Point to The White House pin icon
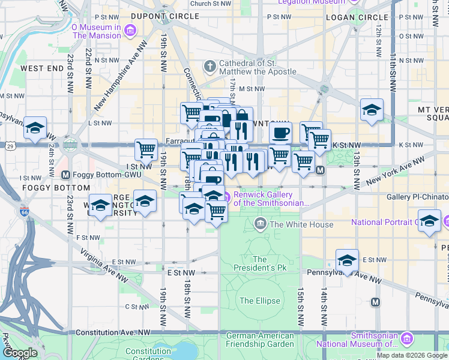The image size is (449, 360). tap(261, 224)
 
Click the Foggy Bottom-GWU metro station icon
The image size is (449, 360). tap(65, 175)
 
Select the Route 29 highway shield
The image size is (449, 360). tap(10, 146)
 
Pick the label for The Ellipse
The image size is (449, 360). tap(259, 301)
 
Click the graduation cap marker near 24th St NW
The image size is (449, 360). tap(35, 127)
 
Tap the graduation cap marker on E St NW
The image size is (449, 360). tap(347, 260)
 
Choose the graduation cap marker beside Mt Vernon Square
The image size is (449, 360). tap(372, 109)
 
